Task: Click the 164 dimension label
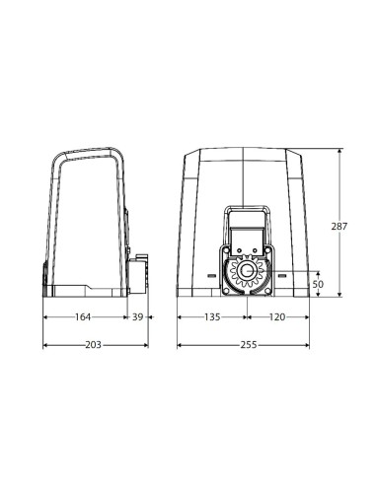(x=83, y=317)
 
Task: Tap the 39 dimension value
(x=138, y=317)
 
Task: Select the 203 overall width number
(x=94, y=345)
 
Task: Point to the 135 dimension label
(x=212, y=317)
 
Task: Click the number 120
(x=277, y=317)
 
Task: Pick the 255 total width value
(x=249, y=345)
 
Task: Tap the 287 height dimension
(x=339, y=227)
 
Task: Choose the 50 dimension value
(x=318, y=284)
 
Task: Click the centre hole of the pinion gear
(x=247, y=271)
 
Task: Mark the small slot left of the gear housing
(x=211, y=275)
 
